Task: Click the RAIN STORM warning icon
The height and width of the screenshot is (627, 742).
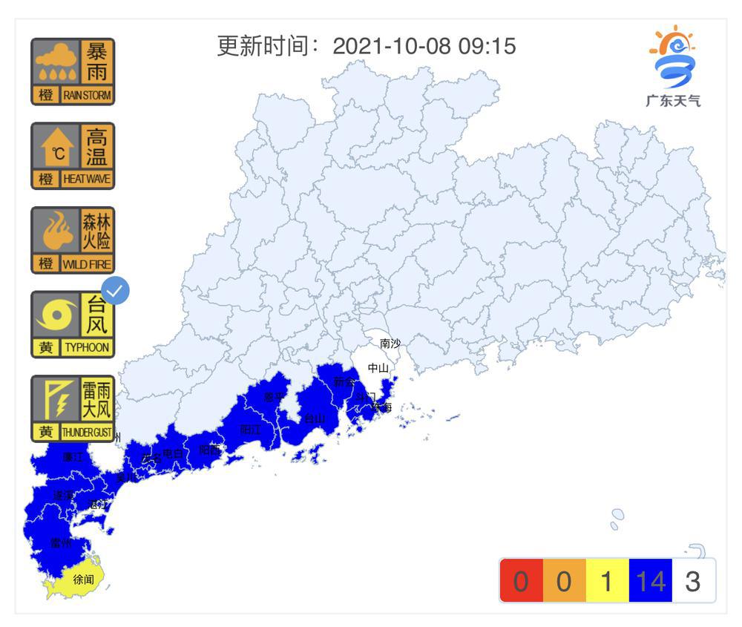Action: [x=73, y=71]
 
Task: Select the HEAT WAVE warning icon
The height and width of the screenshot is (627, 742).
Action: [x=73, y=156]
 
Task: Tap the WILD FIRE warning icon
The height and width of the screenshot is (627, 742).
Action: [x=73, y=240]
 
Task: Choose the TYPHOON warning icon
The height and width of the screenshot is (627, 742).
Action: [x=73, y=324]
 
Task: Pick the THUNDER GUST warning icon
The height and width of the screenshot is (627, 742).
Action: [x=73, y=408]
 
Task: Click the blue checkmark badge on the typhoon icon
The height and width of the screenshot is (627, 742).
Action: [x=115, y=291]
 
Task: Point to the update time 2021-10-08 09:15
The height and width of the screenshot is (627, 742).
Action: [x=424, y=46]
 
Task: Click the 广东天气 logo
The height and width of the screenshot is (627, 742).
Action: [x=672, y=67]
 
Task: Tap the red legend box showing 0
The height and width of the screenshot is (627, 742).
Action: [x=521, y=581]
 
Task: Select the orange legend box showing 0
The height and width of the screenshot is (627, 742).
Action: [x=564, y=581]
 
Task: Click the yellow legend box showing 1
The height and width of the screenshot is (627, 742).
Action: [x=607, y=581]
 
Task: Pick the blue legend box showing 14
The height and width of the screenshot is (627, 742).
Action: [x=650, y=581]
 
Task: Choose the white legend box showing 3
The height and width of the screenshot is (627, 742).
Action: [x=693, y=581]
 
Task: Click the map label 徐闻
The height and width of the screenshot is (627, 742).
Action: [x=83, y=579]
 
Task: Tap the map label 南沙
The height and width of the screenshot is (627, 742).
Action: [x=390, y=344]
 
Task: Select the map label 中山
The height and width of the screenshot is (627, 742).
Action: [x=378, y=367]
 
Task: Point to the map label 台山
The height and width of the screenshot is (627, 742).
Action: [x=315, y=418]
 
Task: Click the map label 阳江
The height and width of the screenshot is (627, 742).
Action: [x=250, y=429]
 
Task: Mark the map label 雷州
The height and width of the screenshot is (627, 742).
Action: [x=61, y=542]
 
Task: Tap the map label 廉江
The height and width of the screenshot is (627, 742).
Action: [x=73, y=457]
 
